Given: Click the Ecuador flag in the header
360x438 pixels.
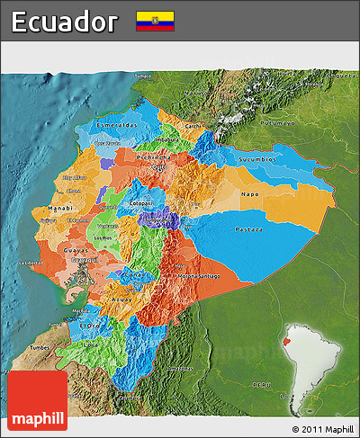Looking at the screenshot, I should click(155, 21).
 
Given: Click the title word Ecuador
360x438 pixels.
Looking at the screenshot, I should click(65, 22).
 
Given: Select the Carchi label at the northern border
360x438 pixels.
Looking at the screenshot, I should click(193, 126).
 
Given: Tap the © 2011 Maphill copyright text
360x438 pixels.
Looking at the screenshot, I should click(323, 429).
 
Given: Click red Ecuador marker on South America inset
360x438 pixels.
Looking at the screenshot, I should click(288, 343).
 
